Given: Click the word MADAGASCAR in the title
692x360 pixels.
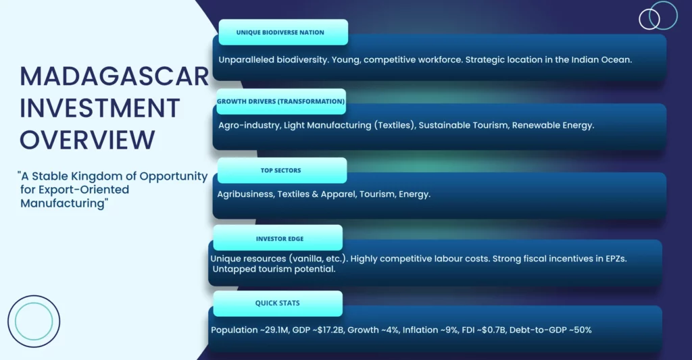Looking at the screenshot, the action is tap(114, 76).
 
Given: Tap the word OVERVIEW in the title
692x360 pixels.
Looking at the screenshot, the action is tap(87, 140).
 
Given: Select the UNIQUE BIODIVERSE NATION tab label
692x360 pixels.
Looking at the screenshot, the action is tap(280, 32).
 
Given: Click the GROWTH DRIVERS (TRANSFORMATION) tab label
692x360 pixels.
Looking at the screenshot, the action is tap(280, 101).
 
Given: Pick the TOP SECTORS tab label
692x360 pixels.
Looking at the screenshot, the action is tap(280, 170).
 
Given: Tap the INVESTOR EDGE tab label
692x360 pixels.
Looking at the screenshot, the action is tap(280, 238).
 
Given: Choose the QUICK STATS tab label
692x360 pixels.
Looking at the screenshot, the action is tap(278, 303).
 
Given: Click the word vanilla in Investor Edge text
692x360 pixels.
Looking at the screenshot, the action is tap(307, 259).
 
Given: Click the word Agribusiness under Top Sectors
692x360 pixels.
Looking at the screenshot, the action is tap(245, 195).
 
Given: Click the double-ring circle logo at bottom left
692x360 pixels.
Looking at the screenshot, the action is tap(34, 296).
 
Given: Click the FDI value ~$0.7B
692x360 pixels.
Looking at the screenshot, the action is tap(491, 330).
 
